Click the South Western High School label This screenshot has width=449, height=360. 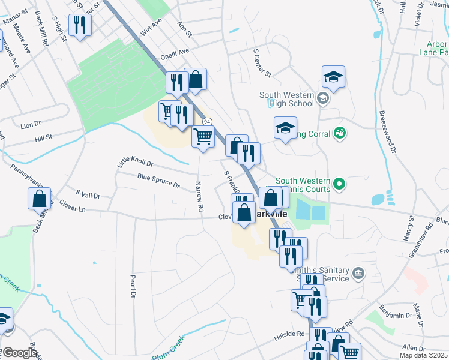point(287,99)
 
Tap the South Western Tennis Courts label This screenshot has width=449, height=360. point(303,184)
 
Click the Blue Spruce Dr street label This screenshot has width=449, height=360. point(158,181)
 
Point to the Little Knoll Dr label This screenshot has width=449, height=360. point(135,162)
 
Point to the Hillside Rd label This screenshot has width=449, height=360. point(292,334)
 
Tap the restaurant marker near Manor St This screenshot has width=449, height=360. point(80,25)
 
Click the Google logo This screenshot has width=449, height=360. point(20,353)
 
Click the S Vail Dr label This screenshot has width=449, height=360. point(88,195)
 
